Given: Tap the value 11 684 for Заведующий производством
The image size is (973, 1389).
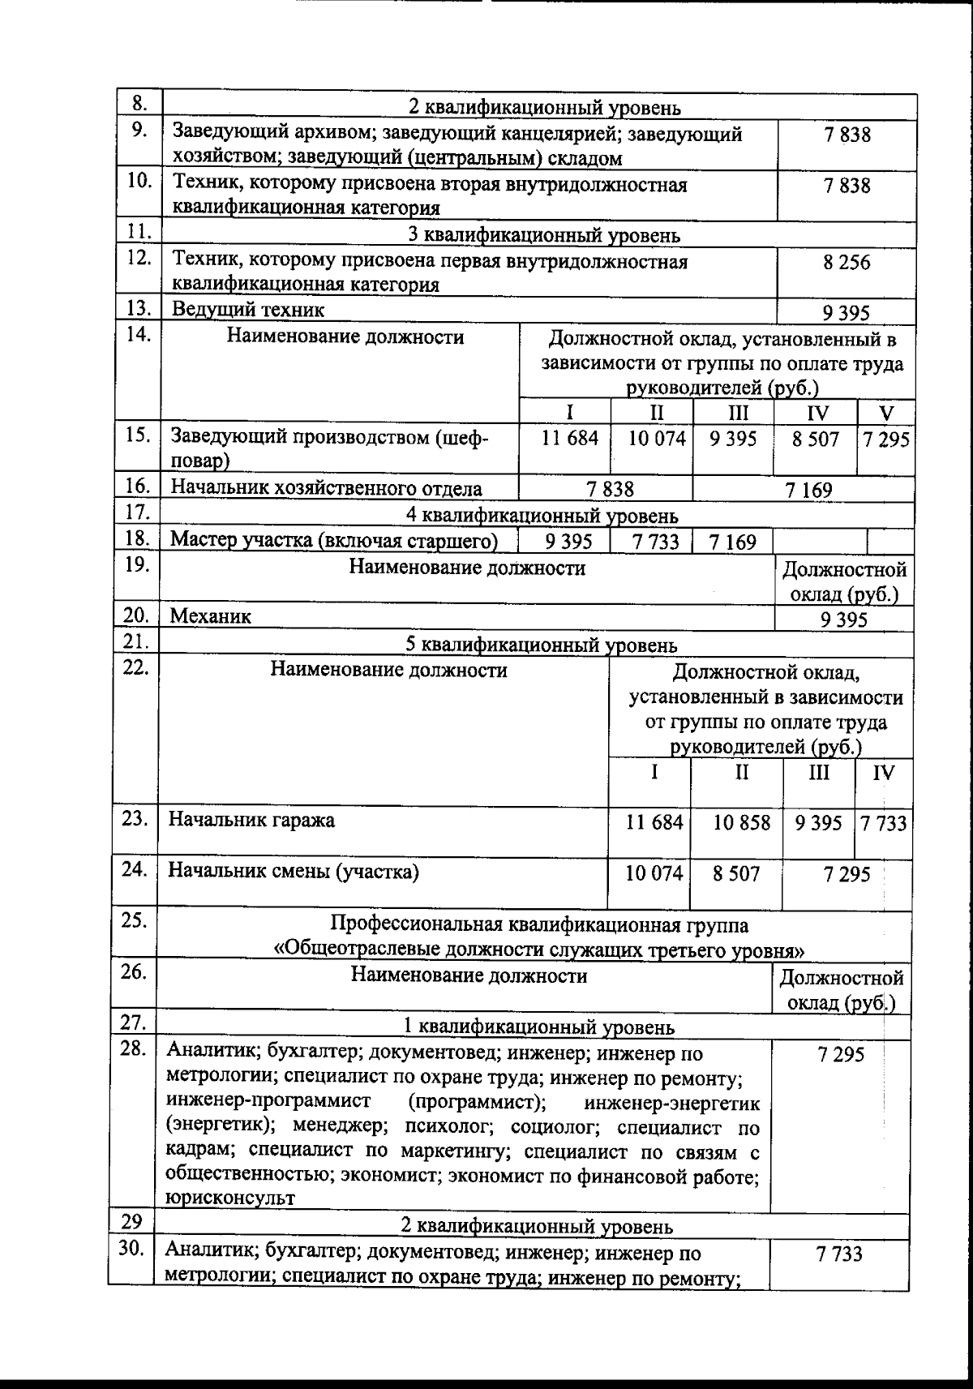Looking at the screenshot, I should (x=570, y=439).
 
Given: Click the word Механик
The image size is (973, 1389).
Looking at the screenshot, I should (x=210, y=616).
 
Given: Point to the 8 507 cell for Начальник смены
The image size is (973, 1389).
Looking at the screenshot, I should (x=736, y=874).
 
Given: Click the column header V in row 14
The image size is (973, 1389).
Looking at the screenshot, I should (x=885, y=413).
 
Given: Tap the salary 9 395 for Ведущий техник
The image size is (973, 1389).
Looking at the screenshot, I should (x=847, y=313).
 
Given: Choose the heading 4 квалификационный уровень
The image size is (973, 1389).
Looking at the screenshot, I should (x=542, y=516).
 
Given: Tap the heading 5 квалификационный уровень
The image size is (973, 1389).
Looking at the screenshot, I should (x=541, y=645).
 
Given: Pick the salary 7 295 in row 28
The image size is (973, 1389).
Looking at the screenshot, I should (x=842, y=1054).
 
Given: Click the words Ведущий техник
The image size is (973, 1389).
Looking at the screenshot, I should (x=247, y=309).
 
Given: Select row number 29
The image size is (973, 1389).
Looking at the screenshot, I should (x=132, y=1222).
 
